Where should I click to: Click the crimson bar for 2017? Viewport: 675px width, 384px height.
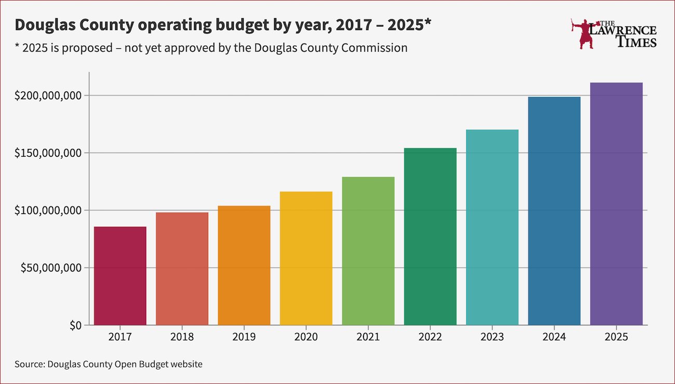tap(120, 276)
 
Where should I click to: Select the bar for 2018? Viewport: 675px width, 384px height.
tap(182, 269)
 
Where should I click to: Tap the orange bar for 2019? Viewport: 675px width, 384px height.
tap(244, 266)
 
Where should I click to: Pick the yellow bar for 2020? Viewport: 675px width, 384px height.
tap(306, 258)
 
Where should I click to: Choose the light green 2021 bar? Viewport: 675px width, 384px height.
tap(368, 251)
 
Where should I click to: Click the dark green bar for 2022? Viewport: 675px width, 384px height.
tap(430, 237)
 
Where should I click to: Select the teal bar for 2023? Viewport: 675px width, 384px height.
tap(492, 227)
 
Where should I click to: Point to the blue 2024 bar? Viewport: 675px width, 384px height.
tap(554, 211)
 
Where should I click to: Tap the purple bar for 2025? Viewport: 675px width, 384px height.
tap(616, 204)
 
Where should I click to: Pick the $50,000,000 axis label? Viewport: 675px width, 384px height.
tap(50, 268)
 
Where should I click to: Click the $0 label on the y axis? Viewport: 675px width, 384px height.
tap(75, 325)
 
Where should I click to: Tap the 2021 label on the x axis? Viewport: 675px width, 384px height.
tap(368, 337)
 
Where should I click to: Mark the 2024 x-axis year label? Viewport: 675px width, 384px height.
tap(554, 337)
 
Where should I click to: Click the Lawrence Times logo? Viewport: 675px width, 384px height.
tap(614, 34)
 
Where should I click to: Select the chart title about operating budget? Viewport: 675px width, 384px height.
tap(223, 24)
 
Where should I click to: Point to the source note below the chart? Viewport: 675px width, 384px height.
tap(109, 364)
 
